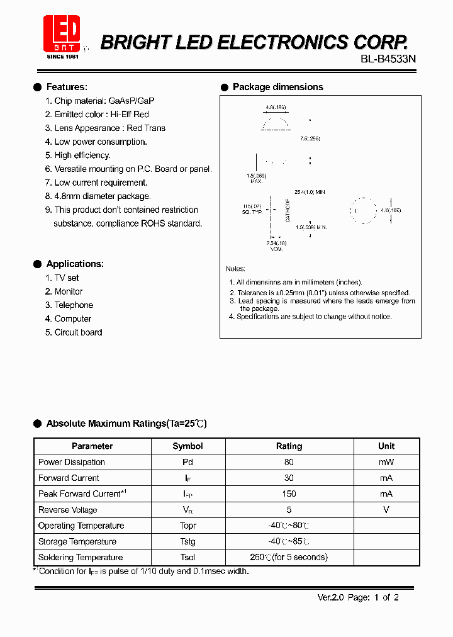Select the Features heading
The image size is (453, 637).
pyautogui.click(x=67, y=87)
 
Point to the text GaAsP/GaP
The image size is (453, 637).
pyautogui.click(x=131, y=101)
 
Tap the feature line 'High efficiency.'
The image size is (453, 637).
pyautogui.click(x=82, y=155)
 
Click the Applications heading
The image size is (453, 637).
pyautogui.click(x=75, y=264)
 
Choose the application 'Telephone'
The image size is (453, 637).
pyautogui.click(x=74, y=305)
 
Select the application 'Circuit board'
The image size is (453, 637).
pyautogui.click(x=78, y=332)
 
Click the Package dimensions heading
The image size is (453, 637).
pyautogui.click(x=277, y=87)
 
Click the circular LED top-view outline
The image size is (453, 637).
pyautogui.click(x=363, y=210)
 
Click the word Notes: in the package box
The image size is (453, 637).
pyautogui.click(x=235, y=269)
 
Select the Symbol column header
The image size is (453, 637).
pyautogui.click(x=187, y=446)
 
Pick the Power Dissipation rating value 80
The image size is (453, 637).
pyautogui.click(x=289, y=462)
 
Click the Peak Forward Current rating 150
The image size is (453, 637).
pyautogui.click(x=289, y=493)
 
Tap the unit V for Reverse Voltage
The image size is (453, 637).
pyautogui.click(x=386, y=510)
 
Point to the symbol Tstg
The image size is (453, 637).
pyautogui.click(x=187, y=541)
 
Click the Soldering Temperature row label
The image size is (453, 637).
pyautogui.click(x=81, y=557)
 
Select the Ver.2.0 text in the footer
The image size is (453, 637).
pyautogui.click(x=330, y=597)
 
